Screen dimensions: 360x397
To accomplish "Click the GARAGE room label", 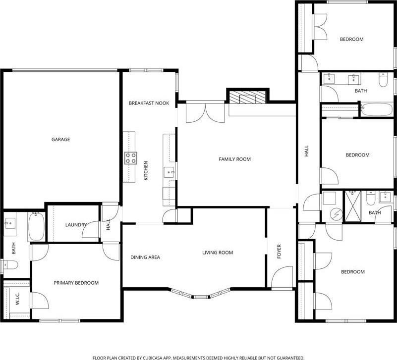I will coord(60,140).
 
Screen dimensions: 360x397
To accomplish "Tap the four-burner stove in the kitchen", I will coord(131,158).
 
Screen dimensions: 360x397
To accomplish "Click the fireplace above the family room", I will coord(247,98).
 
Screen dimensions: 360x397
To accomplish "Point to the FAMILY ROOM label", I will coord(234,159).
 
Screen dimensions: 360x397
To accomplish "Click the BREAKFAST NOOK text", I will coord(149,103).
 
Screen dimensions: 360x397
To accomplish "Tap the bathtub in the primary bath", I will coord(37,227).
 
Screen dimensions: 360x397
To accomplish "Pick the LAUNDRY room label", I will coord(76,225).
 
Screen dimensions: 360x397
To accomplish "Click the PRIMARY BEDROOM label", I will coord(76,283).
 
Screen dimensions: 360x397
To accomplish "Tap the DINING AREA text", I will coord(145,257).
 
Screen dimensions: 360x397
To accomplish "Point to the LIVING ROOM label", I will coord(217,253).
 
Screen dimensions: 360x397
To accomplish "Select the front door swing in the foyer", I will coord(284,277).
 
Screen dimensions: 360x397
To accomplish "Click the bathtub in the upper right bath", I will coord(376,109).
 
